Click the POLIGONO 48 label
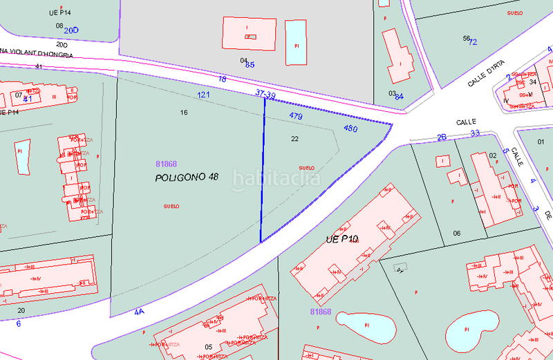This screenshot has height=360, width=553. [187, 178]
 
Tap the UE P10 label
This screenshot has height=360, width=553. [342, 240]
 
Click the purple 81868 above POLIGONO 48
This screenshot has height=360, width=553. [167, 164]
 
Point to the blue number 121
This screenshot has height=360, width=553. [203, 95]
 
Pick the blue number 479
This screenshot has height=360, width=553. [296, 116]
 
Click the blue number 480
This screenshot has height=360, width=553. [350, 129]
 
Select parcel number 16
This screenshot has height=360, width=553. [184, 112]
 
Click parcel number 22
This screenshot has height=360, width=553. [294, 139]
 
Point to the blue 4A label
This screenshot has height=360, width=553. [139, 312]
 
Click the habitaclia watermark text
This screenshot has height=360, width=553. [276, 179]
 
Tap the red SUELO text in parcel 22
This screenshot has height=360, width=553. [306, 168]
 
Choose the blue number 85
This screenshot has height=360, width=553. [250, 65]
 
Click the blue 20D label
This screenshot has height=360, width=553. [71, 30]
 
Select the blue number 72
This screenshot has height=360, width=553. [473, 42]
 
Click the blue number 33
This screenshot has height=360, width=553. [474, 133]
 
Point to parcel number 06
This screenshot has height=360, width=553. [456, 234]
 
